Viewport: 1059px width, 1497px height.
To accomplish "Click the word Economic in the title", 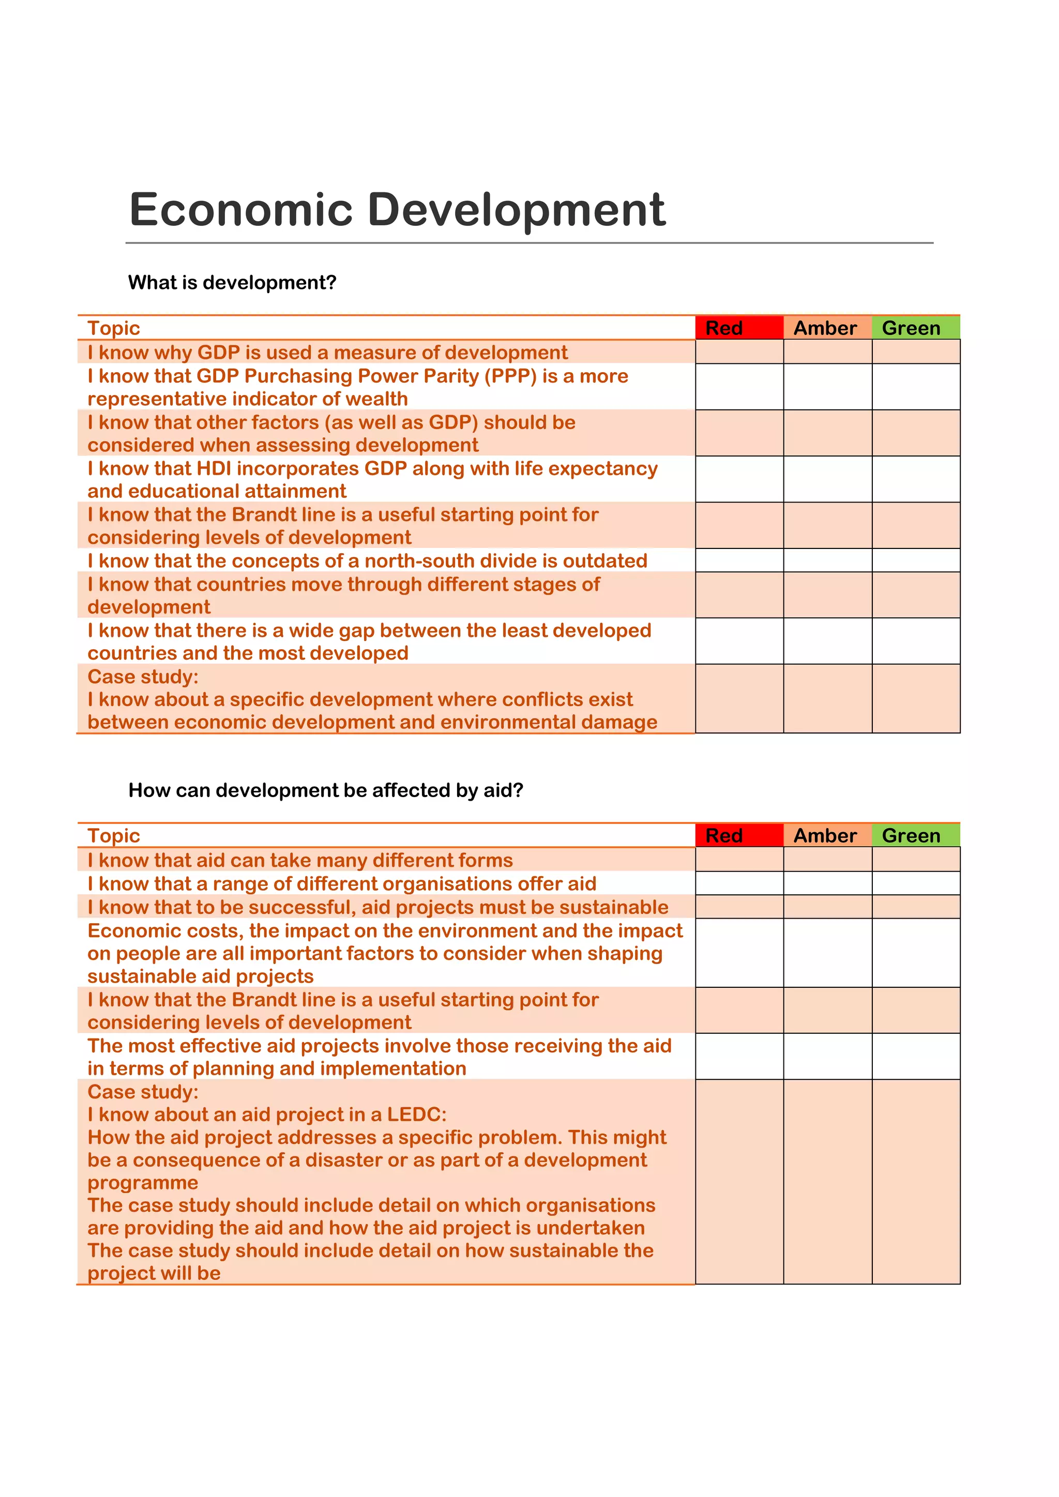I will pos(240,210).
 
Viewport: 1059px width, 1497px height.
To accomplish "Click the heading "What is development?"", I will pos(232,282).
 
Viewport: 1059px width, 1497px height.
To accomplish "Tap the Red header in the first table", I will pos(724,328).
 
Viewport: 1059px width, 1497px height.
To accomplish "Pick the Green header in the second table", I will pos(911,835).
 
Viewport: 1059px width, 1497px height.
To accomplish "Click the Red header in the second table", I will pos(724,835).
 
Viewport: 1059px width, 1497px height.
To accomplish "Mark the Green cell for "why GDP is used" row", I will pos(916,352).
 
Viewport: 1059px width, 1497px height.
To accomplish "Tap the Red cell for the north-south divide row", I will pos(739,561).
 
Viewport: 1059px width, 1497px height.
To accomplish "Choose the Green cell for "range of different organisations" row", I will pos(916,883).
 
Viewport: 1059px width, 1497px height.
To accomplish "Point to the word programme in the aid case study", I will pos(143,1183).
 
